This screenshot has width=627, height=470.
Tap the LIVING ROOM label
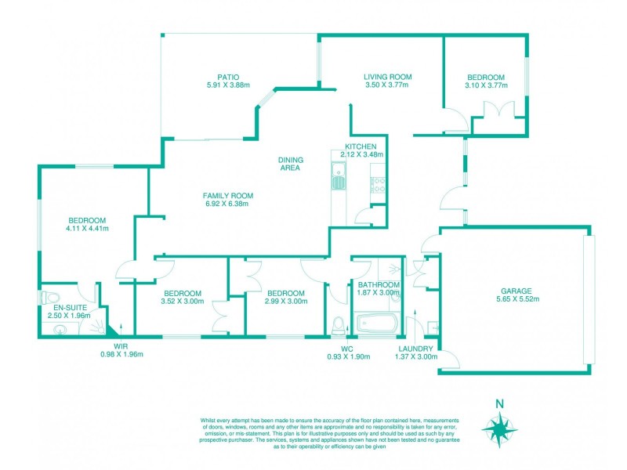(x=387, y=77)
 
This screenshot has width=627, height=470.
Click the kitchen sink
(x=339, y=176)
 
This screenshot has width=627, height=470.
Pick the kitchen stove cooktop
(x=377, y=186)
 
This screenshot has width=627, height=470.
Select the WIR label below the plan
(x=121, y=345)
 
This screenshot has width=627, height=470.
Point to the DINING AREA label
(x=291, y=164)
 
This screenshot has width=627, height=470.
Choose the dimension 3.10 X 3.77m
(x=486, y=86)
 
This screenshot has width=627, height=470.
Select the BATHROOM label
(x=378, y=284)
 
